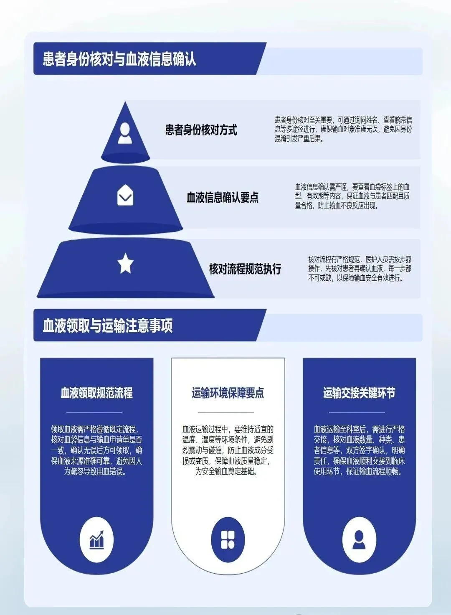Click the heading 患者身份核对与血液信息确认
119,59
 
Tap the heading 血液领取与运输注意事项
108,325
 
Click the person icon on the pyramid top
125,133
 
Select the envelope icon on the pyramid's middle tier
125,195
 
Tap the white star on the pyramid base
125,264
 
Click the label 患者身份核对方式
201,130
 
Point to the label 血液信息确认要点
222,197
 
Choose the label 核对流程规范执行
245,269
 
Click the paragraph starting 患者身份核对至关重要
343,130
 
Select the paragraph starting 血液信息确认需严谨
352,196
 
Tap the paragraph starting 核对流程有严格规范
360,269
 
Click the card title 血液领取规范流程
96,393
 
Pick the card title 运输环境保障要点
228,393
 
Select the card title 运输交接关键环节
359,393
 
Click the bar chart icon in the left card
96,540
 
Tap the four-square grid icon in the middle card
228,540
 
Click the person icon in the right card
359,540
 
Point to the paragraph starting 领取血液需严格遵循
96,450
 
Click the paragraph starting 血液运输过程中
228,450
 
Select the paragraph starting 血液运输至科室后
359,450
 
